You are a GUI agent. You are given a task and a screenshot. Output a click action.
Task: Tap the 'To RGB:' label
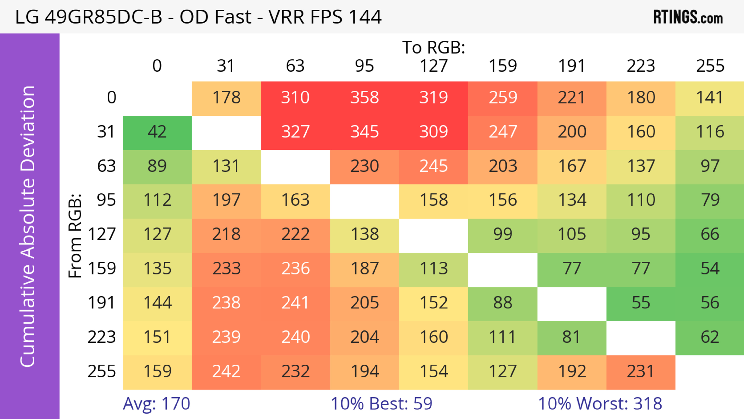pos(434,47)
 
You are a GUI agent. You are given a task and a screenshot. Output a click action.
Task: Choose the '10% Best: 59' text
pos(381,403)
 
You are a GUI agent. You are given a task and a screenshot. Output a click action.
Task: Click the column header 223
pos(641,66)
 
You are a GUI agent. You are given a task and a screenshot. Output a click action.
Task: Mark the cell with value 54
pos(710,269)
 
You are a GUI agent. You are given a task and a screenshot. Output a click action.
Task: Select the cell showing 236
pos(295,269)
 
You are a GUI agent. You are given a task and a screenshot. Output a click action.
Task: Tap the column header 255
pos(710,66)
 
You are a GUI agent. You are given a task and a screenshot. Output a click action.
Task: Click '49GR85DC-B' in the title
pos(103,17)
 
